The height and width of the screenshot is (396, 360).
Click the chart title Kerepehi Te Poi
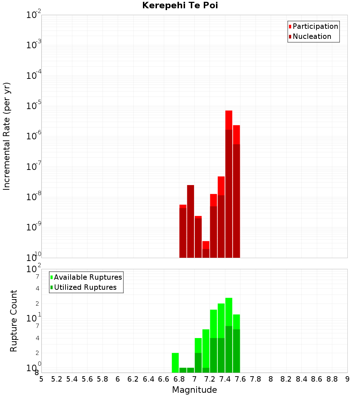pos(180,5)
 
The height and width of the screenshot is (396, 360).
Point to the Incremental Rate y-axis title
pos(7,136)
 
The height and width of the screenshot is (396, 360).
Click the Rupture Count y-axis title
pos(14,321)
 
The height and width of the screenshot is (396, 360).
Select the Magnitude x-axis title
pos(194,390)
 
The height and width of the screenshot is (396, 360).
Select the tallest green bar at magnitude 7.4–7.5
pos(229,335)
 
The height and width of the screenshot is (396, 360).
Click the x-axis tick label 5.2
pos(57,379)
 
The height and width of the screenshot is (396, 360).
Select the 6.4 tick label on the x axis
pos(149,379)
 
